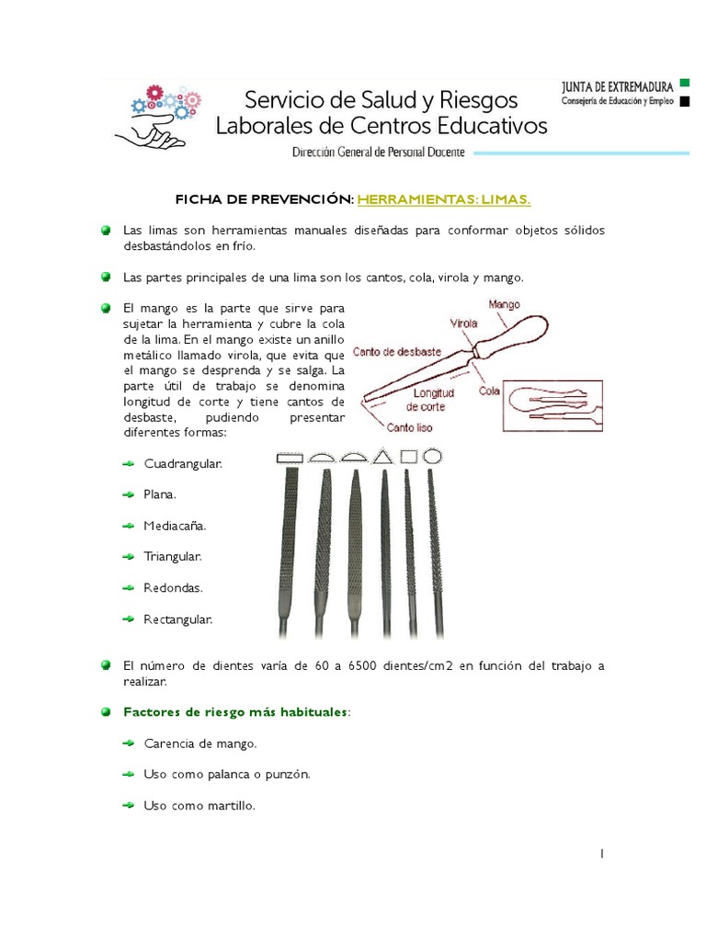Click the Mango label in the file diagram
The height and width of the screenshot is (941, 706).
click(x=504, y=303)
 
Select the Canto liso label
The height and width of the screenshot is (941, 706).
click(x=410, y=427)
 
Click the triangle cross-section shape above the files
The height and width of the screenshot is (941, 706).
click(x=383, y=456)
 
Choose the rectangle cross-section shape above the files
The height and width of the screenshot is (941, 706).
click(x=290, y=457)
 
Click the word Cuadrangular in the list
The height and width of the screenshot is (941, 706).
click(x=183, y=464)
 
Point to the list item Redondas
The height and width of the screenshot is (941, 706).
click(x=173, y=587)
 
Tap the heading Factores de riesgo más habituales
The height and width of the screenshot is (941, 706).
click(x=236, y=711)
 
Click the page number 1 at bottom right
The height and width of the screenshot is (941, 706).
click(x=601, y=854)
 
